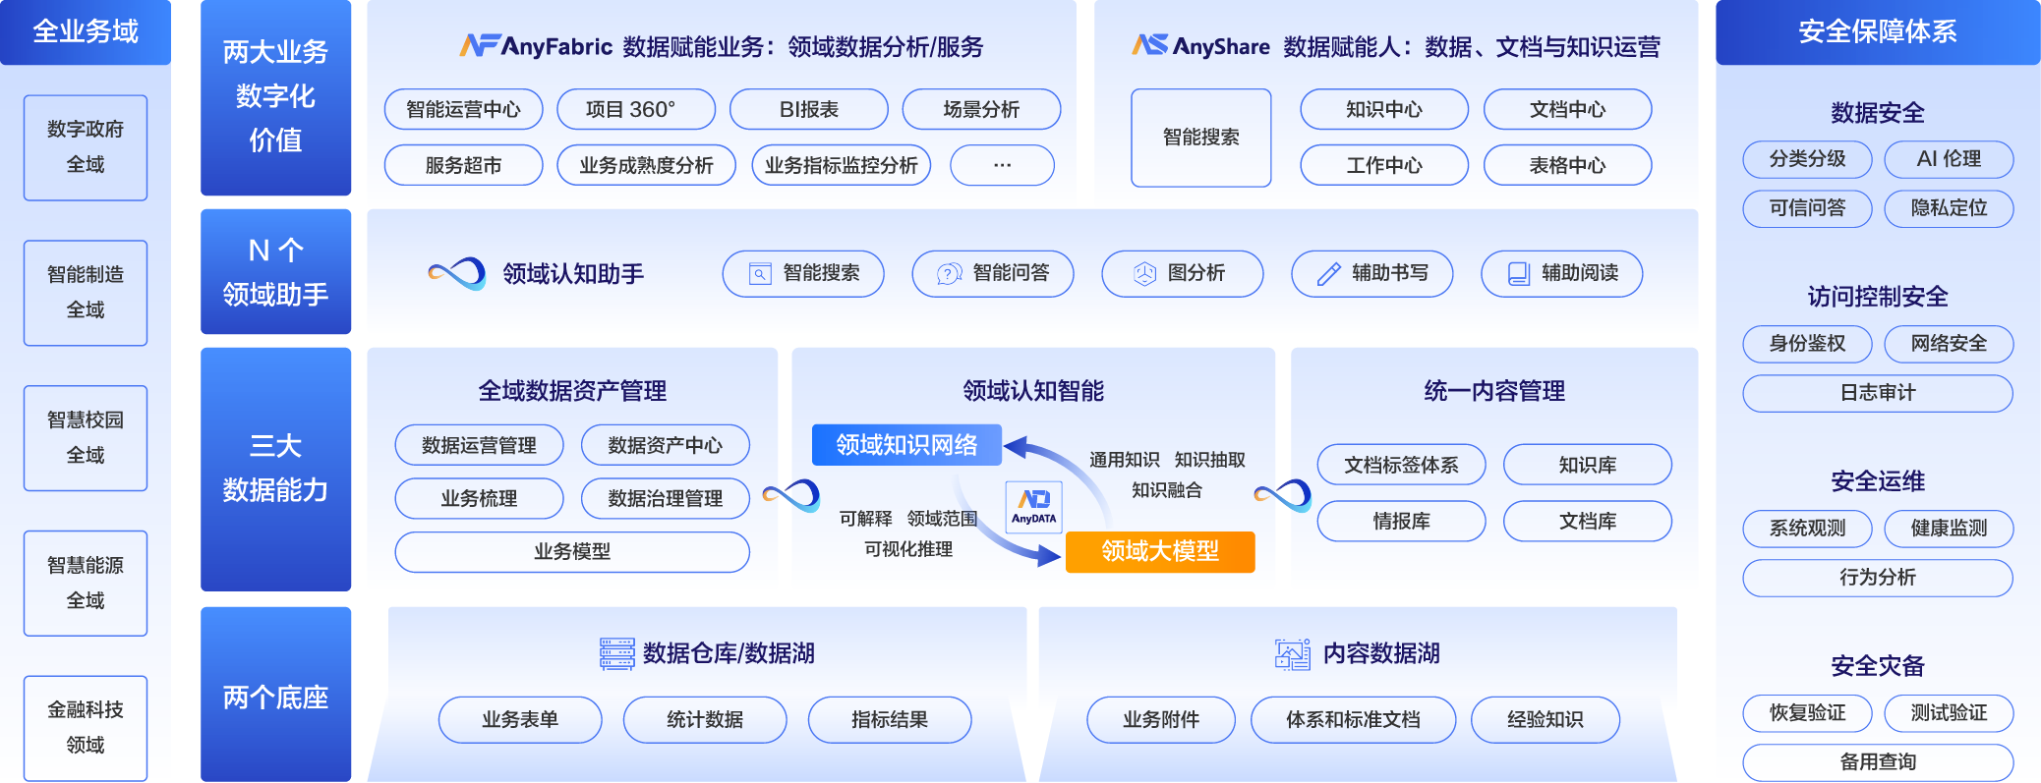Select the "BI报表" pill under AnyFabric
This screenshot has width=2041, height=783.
tap(808, 109)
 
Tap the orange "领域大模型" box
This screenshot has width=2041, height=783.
tap(1160, 551)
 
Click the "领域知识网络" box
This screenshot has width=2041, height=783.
tap(905, 445)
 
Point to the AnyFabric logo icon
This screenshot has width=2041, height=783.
tap(478, 46)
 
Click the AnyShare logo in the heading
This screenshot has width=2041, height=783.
tap(1149, 45)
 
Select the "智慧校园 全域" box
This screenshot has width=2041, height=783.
tap(86, 438)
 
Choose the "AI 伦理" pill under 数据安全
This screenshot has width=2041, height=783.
tap(1949, 159)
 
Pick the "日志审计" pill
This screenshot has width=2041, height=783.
tap(1877, 393)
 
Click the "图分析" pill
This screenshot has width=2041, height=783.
tap(1182, 273)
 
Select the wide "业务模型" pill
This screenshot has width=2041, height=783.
tap(572, 552)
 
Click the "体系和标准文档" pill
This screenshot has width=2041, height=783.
tap(1353, 720)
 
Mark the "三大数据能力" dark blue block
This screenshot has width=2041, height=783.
tap(275, 469)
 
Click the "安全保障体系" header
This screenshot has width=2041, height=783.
tap(1877, 32)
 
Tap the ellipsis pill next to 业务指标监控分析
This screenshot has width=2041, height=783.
tap(1002, 165)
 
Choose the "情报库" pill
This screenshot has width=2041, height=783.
tap(1401, 522)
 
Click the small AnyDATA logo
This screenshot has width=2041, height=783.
tap(1033, 507)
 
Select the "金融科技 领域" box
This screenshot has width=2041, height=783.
tap(86, 727)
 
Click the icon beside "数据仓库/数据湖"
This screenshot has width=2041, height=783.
tap(617, 653)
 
